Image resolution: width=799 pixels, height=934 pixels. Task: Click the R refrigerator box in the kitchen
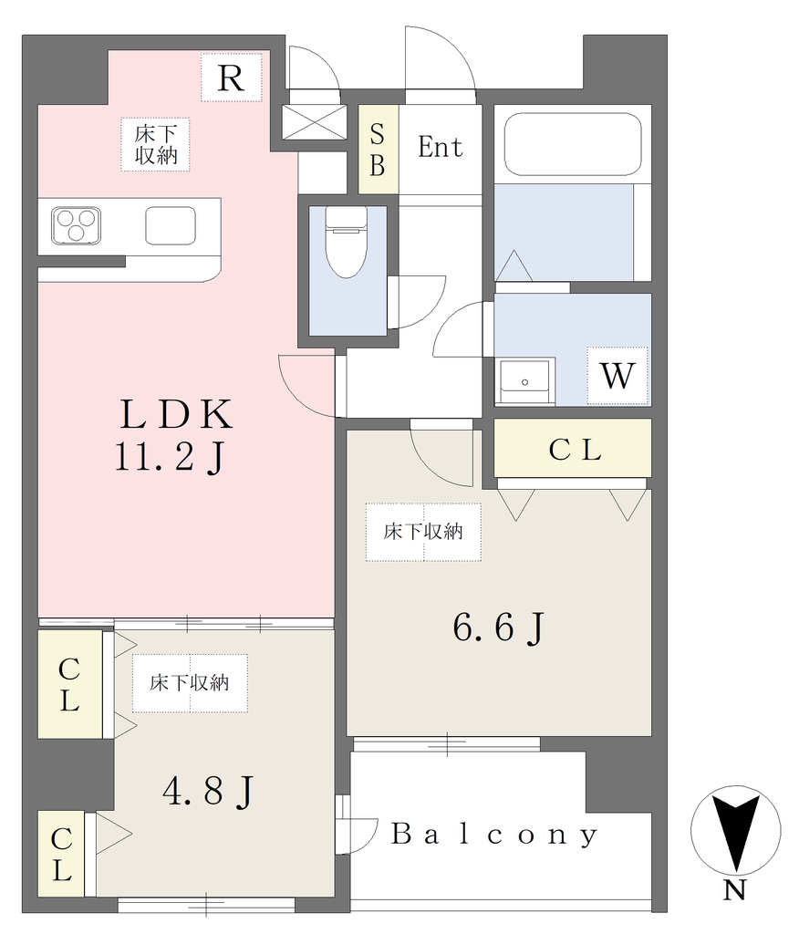[x=231, y=78]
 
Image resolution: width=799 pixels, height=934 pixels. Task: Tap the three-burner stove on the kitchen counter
[x=76, y=226]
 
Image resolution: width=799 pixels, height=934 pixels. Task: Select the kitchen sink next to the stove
[x=171, y=226]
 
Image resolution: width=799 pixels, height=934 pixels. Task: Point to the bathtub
[x=573, y=143]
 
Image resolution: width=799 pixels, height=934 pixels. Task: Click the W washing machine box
[x=617, y=375]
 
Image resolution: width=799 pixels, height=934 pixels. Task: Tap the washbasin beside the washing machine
[x=525, y=381]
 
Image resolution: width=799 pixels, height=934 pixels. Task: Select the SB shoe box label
[x=378, y=150]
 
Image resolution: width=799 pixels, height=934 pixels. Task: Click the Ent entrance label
[x=441, y=147]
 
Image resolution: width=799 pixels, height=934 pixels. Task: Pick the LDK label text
[x=176, y=415]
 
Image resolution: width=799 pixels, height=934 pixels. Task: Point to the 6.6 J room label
[x=499, y=628]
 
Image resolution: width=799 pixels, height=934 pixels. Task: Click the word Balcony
[x=494, y=835]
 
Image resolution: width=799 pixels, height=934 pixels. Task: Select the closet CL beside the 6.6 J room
[x=573, y=448]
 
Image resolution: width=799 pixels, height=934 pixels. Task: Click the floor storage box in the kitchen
[x=155, y=145]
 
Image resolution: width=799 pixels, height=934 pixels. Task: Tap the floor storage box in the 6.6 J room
[x=423, y=532]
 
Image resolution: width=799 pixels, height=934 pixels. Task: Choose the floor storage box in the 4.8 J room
[x=190, y=683]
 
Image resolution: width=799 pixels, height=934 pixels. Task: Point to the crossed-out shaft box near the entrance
[x=314, y=123]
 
